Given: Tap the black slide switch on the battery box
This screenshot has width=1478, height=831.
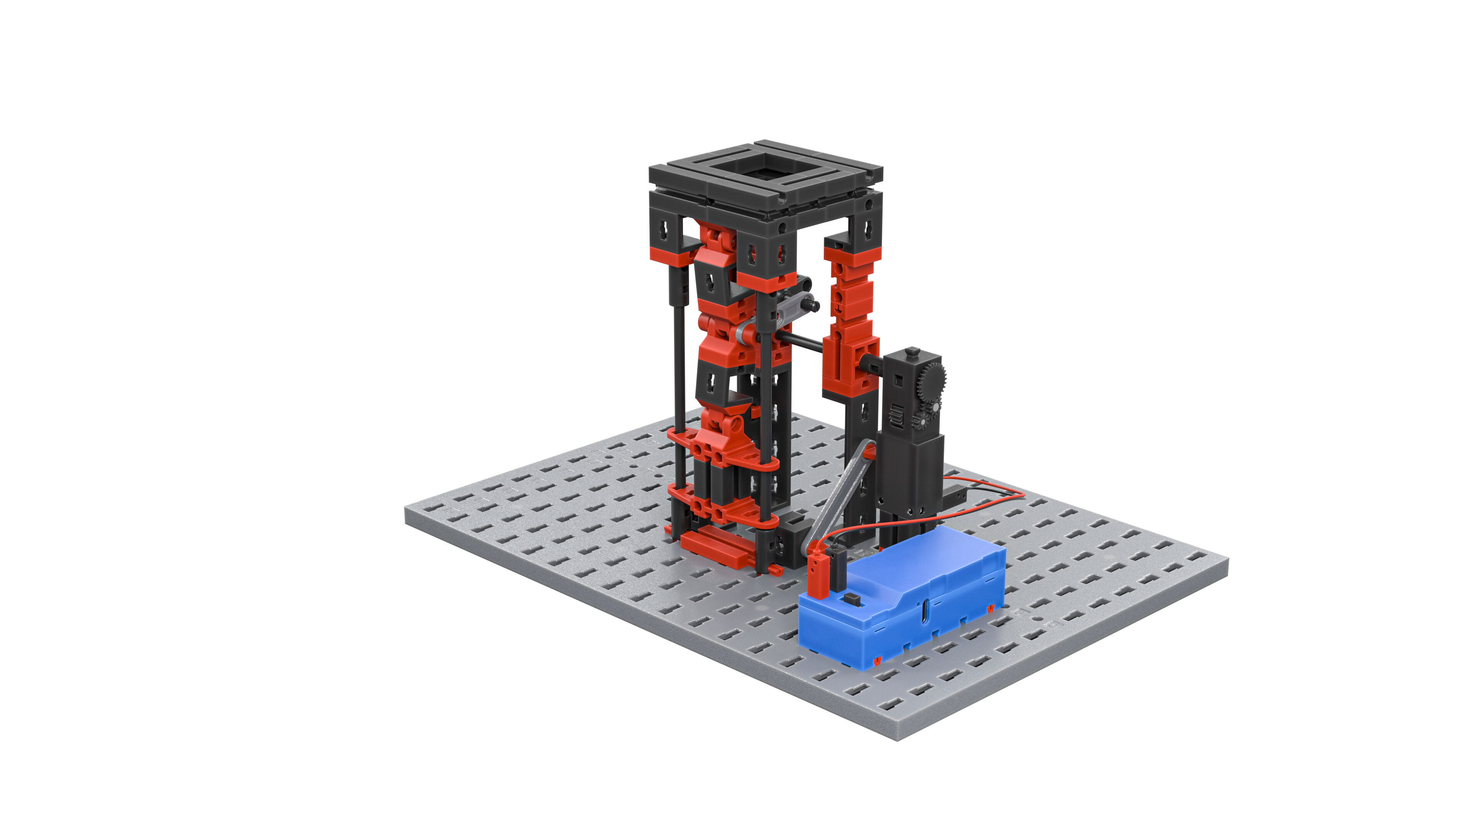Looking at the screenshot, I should tap(854, 600).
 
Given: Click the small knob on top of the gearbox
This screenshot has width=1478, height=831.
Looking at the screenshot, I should tap(912, 351).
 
